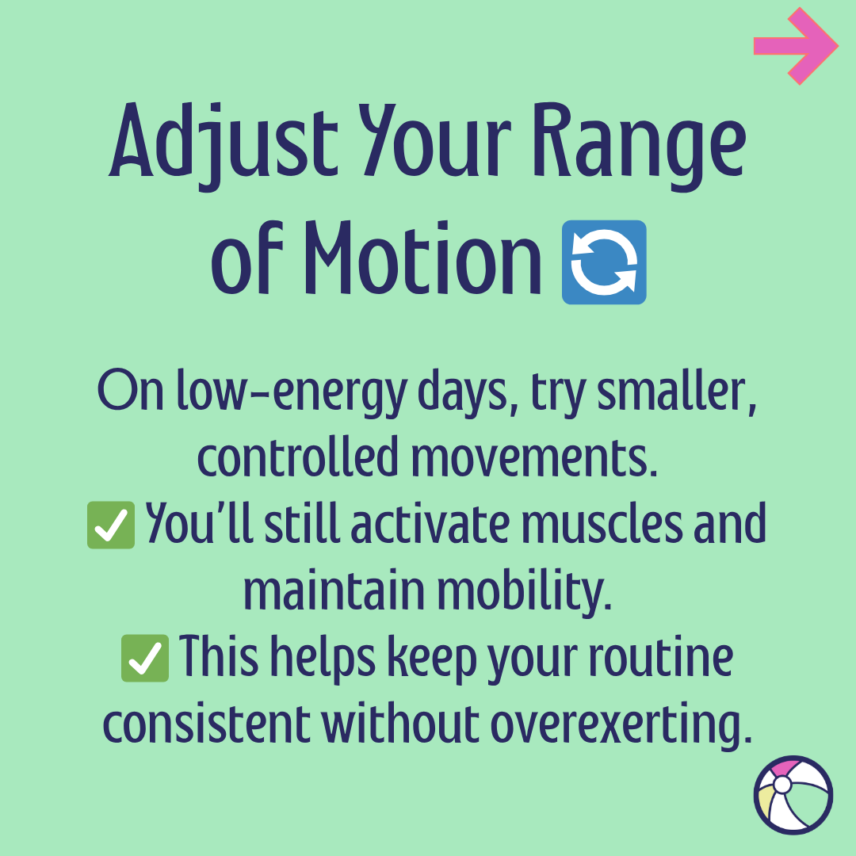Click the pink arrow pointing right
[795, 46]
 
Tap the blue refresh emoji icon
[604, 262]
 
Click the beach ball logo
[793, 795]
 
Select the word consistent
[207, 724]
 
